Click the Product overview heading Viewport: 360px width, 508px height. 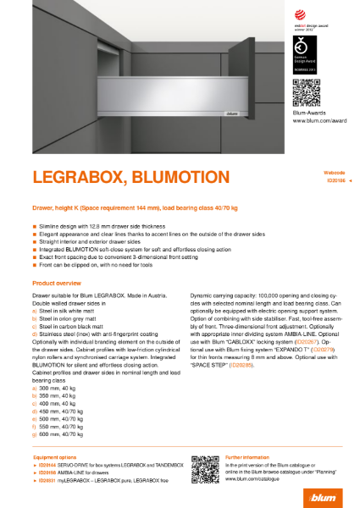click(56, 281)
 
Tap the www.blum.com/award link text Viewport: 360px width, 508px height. click(318, 123)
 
